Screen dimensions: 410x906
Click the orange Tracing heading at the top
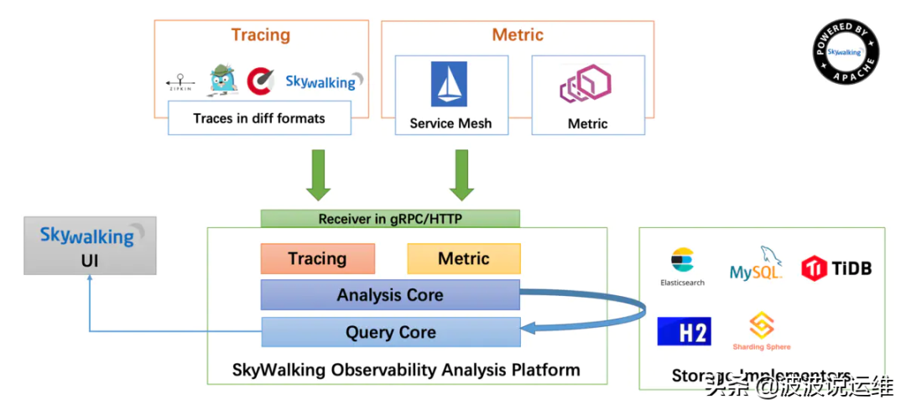point(261,35)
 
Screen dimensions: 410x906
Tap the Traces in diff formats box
point(259,118)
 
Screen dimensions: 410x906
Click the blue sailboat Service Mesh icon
point(450,85)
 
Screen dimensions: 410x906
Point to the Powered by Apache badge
point(846,51)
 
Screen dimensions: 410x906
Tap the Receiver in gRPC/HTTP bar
point(390,219)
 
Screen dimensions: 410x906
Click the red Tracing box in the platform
point(316,258)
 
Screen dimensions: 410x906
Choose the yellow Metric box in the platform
point(463,258)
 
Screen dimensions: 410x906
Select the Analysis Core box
point(390,295)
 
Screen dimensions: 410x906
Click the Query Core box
point(390,332)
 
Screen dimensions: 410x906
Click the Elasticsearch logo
point(682,267)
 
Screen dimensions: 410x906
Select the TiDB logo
point(836,268)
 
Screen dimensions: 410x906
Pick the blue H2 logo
point(684,331)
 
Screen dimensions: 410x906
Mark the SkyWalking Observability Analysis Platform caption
point(406,369)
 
